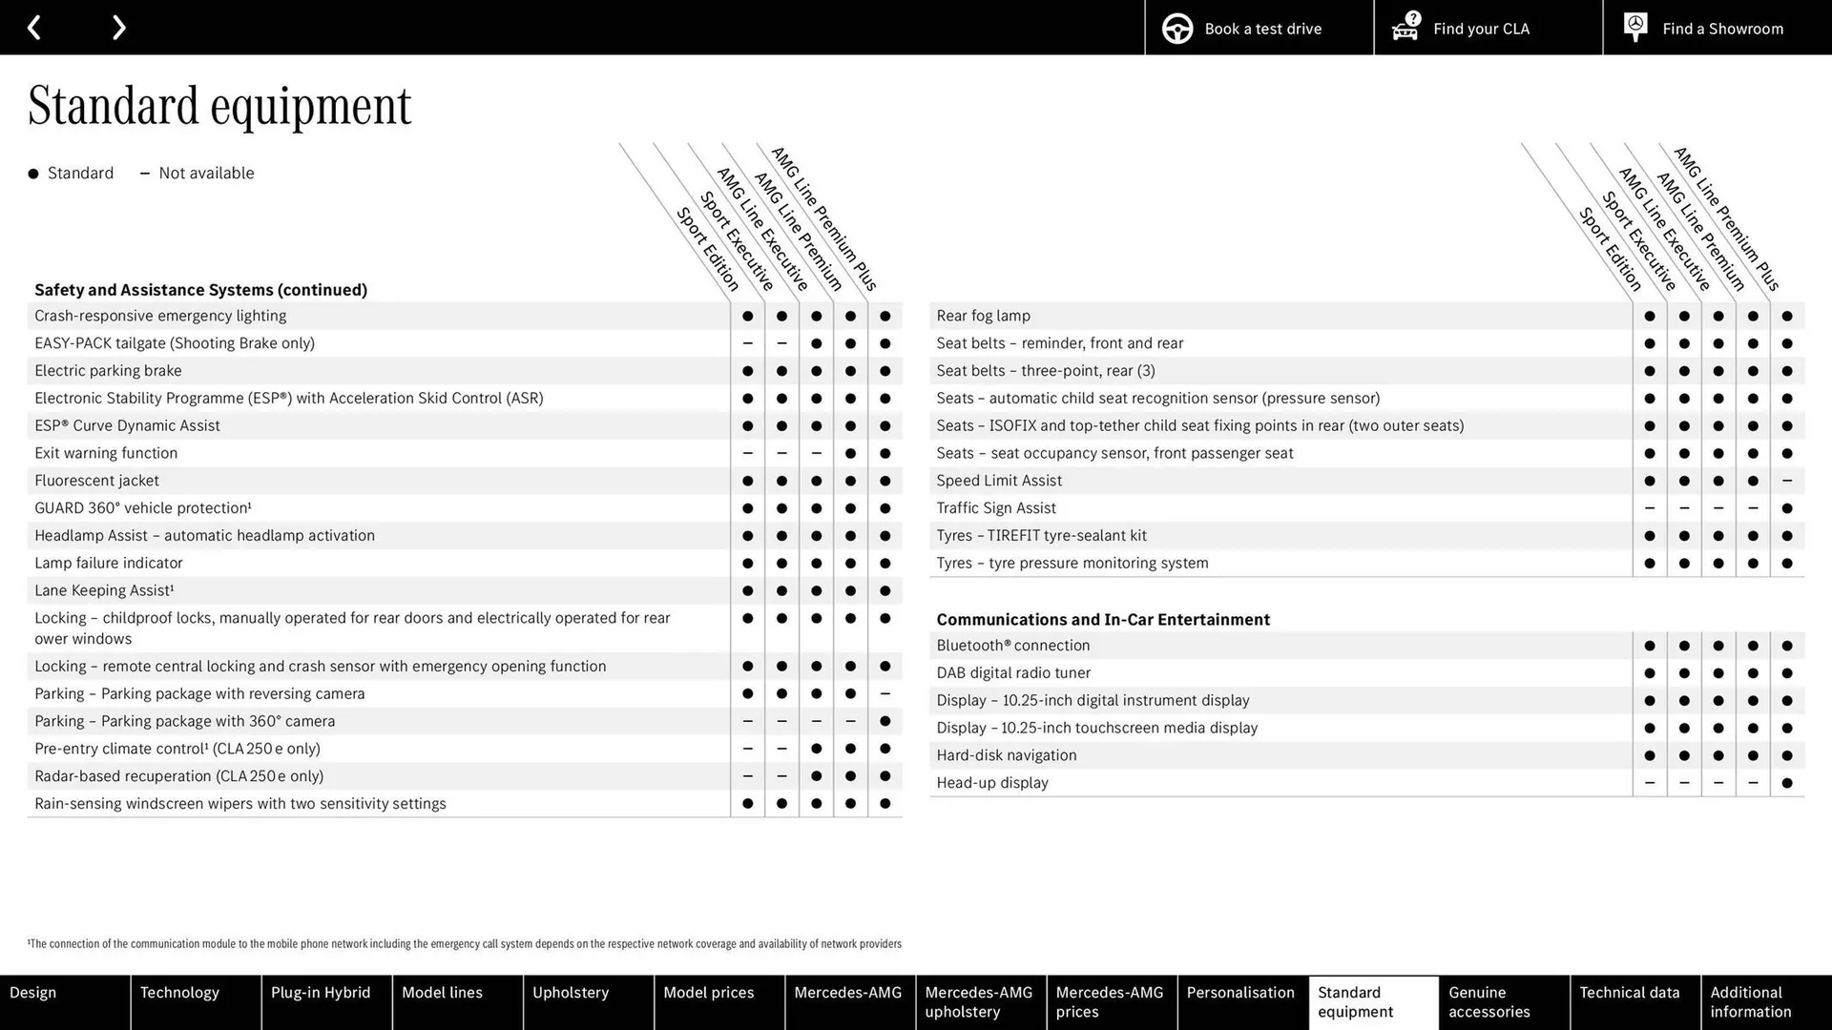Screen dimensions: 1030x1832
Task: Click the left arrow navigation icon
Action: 34,28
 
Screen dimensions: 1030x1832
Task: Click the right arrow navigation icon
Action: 118,28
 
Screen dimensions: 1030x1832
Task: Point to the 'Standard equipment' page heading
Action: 219,106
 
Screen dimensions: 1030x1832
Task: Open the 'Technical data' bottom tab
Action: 1629,993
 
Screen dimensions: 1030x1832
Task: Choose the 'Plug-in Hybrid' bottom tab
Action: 321,993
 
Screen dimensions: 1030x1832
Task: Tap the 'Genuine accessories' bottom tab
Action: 1488,1001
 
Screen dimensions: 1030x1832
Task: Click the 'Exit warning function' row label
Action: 106,453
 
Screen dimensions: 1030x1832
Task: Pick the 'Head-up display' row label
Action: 992,783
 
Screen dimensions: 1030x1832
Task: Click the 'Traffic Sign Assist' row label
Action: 996,508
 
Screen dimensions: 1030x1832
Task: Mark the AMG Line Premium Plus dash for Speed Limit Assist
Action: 1787,481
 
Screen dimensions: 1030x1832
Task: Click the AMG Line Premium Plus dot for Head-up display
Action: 1787,783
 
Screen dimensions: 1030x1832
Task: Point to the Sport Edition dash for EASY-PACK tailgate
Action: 747,343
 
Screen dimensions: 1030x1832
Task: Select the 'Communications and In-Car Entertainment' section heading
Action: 1103,620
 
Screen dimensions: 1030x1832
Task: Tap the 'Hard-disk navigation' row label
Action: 1007,755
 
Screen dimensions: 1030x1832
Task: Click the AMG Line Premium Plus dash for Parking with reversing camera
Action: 885,694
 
